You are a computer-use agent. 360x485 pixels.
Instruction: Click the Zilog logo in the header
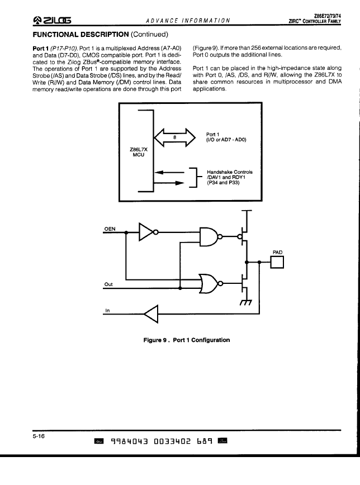pyautogui.click(x=51, y=20)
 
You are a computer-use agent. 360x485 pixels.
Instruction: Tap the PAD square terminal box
pyautogui.click(x=277, y=262)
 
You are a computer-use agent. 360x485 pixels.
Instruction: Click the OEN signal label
pyautogui.click(x=110, y=229)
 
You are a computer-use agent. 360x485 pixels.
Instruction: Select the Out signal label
pyautogui.click(x=108, y=284)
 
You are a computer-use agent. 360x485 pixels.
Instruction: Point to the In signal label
pyautogui.click(x=107, y=311)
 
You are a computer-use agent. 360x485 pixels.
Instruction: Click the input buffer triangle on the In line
pyautogui.click(x=151, y=314)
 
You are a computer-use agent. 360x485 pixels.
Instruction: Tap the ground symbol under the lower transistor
pyautogui.click(x=246, y=302)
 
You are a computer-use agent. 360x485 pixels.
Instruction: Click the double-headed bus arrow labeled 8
pyautogui.click(x=174, y=137)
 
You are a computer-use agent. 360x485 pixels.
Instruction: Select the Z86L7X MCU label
pyautogui.click(x=139, y=152)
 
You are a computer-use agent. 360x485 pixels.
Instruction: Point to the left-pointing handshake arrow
pyautogui.click(x=169, y=172)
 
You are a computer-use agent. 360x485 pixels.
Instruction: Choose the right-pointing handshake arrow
pyautogui.click(x=169, y=183)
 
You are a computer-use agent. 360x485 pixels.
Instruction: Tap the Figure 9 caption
pyautogui.click(x=186, y=340)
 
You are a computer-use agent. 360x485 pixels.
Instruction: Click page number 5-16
pyautogui.click(x=39, y=436)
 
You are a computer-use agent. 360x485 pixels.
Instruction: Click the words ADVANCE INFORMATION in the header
pyautogui.click(x=188, y=21)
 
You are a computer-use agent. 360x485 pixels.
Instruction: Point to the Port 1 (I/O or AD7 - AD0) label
pyautogui.click(x=226, y=137)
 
